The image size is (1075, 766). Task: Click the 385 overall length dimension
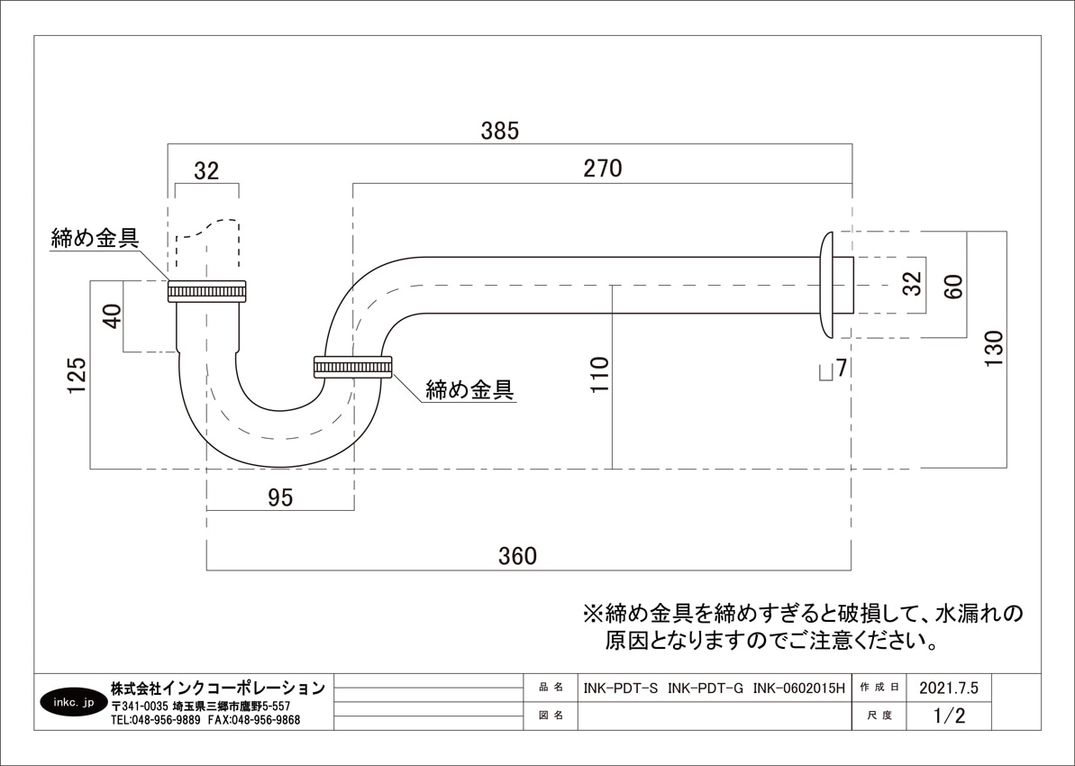[499, 131]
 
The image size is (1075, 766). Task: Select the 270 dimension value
[602, 169]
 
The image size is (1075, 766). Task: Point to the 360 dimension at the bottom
[517, 556]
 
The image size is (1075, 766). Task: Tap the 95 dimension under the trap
[280, 498]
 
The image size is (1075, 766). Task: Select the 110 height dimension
[599, 374]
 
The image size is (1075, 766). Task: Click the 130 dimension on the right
[993, 350]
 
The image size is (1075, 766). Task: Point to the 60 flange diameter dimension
[954, 286]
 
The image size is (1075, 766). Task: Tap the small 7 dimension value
[841, 368]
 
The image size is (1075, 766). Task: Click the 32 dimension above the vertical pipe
[206, 171]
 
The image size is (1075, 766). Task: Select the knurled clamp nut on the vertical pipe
[207, 292]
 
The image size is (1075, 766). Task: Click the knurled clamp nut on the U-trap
[352, 367]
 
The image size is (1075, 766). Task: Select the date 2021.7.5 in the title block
[948, 687]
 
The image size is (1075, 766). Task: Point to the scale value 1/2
[949, 716]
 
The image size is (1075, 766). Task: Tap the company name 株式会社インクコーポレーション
[217, 688]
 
